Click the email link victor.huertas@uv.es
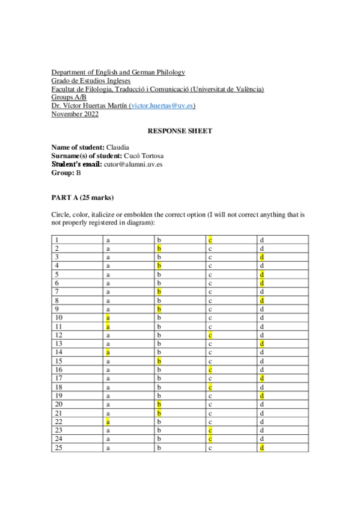click(162, 106)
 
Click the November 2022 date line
click(75, 114)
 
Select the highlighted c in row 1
click(211, 240)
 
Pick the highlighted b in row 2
click(159, 248)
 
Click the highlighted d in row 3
click(262, 257)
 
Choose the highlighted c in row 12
click(211, 334)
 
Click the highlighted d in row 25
click(262, 447)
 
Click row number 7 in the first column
click(56, 292)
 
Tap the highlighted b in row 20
click(159, 404)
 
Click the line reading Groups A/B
click(69, 97)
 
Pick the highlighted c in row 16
click(211, 369)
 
